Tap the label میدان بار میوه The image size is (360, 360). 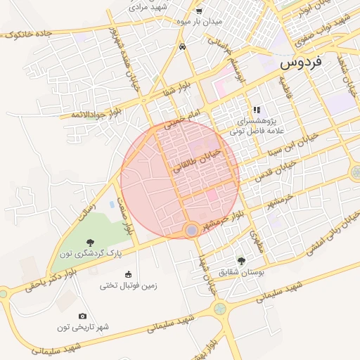pyautogui.click(x=198, y=22)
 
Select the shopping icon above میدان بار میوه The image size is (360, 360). pyautogui.click(x=198, y=11)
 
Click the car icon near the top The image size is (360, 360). pyautogui.click(x=183, y=46)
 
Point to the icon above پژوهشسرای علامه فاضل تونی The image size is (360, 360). pyautogui.click(x=257, y=110)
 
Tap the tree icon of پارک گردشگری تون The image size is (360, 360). pyautogui.click(x=89, y=242)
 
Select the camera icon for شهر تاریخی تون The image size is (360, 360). pyautogui.click(x=83, y=316)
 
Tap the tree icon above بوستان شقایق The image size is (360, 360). pyautogui.click(x=242, y=261)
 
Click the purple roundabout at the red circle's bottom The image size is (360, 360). pyautogui.click(x=191, y=230)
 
